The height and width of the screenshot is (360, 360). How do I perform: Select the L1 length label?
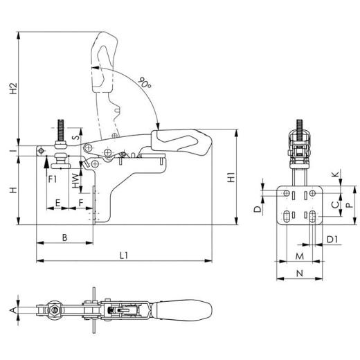coord(124,255)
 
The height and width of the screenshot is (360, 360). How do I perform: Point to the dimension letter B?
coord(64,237)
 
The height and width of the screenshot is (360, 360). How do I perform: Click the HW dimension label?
coord(75,181)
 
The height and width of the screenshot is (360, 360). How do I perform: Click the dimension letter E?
coord(58,203)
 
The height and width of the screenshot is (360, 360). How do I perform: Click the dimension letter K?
coord(335,173)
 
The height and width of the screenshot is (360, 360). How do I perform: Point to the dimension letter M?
coord(299,255)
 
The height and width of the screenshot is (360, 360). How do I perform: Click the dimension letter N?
coord(299,273)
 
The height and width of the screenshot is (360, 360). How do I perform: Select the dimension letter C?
coord(335,204)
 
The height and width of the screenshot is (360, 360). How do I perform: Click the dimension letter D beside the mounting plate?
coord(257,208)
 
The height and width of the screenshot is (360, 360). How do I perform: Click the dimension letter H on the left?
coord(12,190)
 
